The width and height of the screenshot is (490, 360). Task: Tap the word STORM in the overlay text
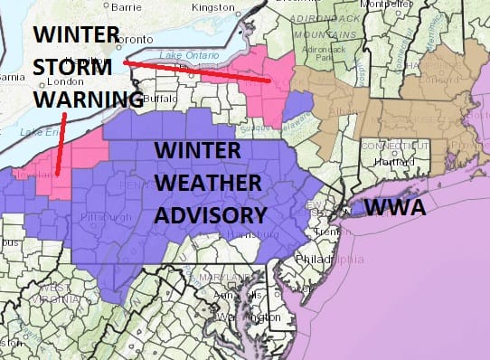[75, 68]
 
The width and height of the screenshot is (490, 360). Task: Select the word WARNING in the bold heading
[88, 98]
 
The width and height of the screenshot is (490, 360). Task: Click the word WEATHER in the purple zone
[211, 184]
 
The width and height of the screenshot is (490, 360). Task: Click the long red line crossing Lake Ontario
[195, 71]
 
